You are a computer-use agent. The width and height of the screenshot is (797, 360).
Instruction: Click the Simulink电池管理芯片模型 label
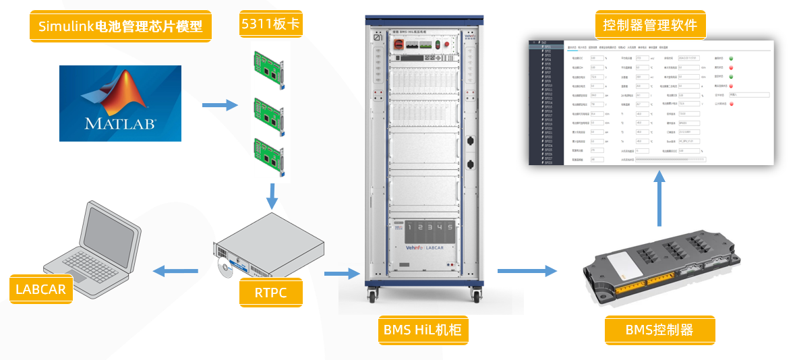[121, 27]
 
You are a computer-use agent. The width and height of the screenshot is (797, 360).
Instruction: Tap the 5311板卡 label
[270, 25]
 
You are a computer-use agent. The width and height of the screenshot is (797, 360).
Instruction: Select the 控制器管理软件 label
[650, 26]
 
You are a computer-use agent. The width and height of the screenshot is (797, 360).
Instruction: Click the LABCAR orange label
[40, 289]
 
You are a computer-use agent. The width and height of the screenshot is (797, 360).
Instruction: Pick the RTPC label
[270, 293]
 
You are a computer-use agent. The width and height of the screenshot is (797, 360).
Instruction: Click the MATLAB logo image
[120, 103]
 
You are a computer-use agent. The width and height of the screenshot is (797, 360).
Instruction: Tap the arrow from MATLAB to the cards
[220, 104]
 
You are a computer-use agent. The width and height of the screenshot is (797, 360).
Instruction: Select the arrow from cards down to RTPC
[272, 195]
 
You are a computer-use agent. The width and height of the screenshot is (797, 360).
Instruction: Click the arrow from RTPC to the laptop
[171, 272]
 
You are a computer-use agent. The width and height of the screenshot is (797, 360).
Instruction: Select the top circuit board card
[270, 67]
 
